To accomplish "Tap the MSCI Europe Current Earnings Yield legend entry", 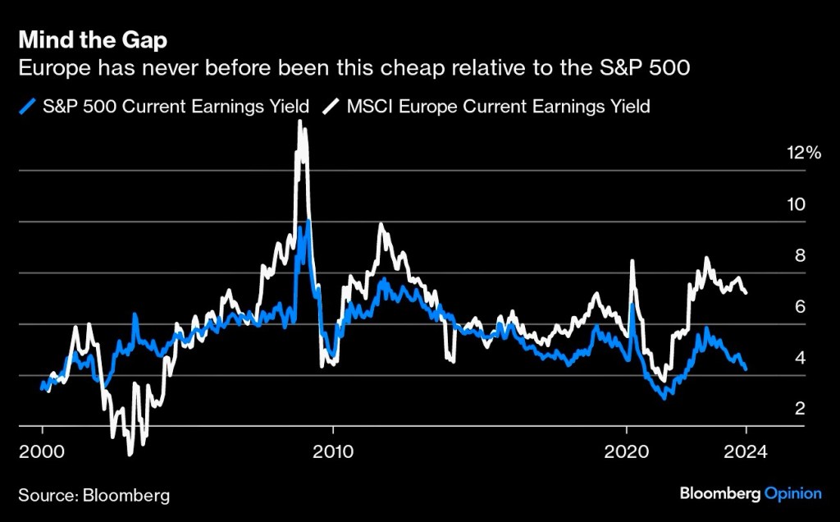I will (490, 106).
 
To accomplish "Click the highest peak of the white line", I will (299, 121).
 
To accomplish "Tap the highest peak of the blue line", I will (307, 221).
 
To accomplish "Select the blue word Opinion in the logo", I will (793, 493).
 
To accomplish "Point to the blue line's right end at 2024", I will (745, 369).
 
